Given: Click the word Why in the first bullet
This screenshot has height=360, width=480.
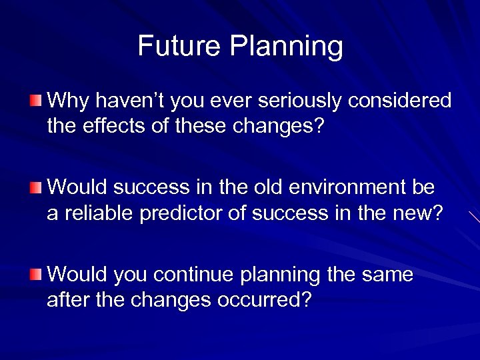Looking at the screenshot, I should (x=68, y=101).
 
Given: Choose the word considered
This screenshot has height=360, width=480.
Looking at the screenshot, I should (x=404, y=101).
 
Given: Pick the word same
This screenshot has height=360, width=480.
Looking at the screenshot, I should (x=387, y=274).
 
